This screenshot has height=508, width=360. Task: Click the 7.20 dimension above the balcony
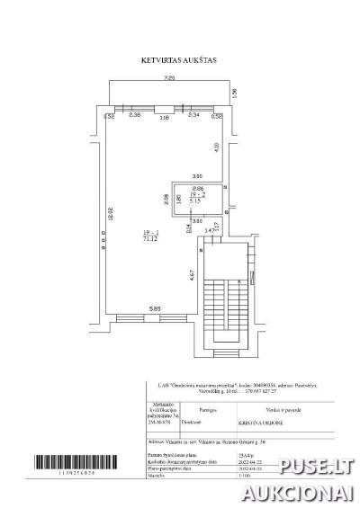point(169,80)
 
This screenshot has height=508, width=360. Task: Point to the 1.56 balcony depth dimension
point(233,93)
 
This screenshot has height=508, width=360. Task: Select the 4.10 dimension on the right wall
point(216,147)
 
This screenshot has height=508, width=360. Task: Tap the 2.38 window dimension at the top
point(134,116)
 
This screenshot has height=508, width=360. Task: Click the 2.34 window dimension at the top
point(193,116)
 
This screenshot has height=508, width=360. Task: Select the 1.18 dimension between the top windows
point(164,117)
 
